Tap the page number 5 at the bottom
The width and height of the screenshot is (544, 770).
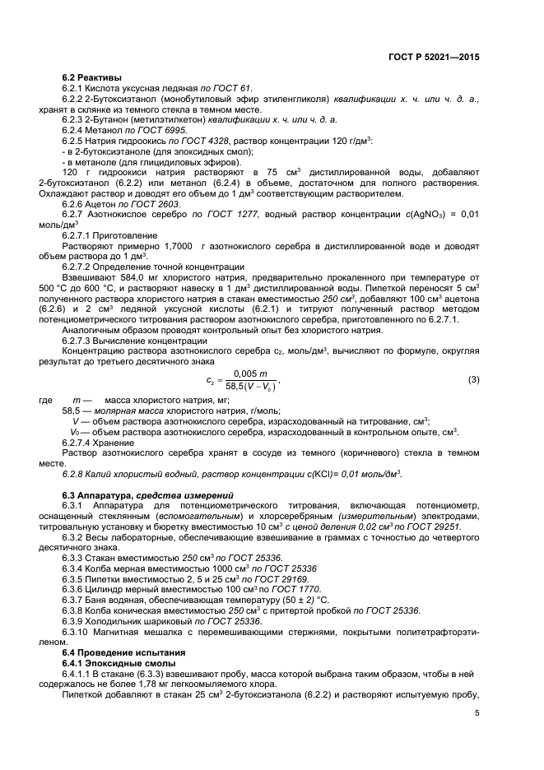click(477, 713)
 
